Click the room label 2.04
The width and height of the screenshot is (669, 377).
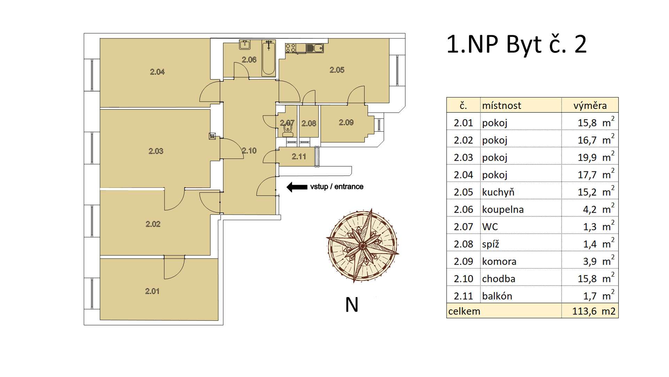pyautogui.click(x=157, y=72)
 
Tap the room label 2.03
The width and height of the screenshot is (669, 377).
pyautogui.click(x=156, y=151)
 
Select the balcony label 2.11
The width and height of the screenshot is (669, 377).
pyautogui.click(x=299, y=156)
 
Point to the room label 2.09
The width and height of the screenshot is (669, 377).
pyautogui.click(x=346, y=123)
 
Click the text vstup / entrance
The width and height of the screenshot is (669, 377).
pyautogui.click(x=337, y=187)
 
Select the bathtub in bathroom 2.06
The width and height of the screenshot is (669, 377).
pyautogui.click(x=269, y=58)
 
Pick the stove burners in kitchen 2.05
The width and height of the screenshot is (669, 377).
pyautogui.click(x=291, y=48)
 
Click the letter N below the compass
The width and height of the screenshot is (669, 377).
pyautogui.click(x=352, y=305)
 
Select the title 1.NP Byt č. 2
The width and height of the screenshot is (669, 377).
pyautogui.click(x=516, y=45)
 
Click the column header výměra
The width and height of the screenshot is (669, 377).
pyautogui.click(x=590, y=105)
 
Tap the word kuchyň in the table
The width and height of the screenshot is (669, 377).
pyautogui.click(x=498, y=192)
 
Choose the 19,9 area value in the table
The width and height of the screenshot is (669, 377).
pyautogui.click(x=587, y=157)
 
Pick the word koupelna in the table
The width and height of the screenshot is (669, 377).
pyautogui.click(x=503, y=209)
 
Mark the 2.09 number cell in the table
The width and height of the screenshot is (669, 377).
pyautogui.click(x=463, y=261)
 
